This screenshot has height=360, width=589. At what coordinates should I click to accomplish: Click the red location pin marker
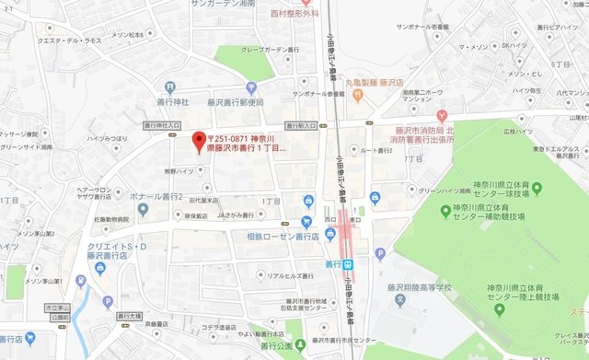196,141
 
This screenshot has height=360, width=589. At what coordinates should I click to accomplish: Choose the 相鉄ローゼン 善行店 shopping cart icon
306,221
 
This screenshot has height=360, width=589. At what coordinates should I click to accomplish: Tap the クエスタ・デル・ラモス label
68,41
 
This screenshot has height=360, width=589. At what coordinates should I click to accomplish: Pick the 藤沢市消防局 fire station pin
443,116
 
